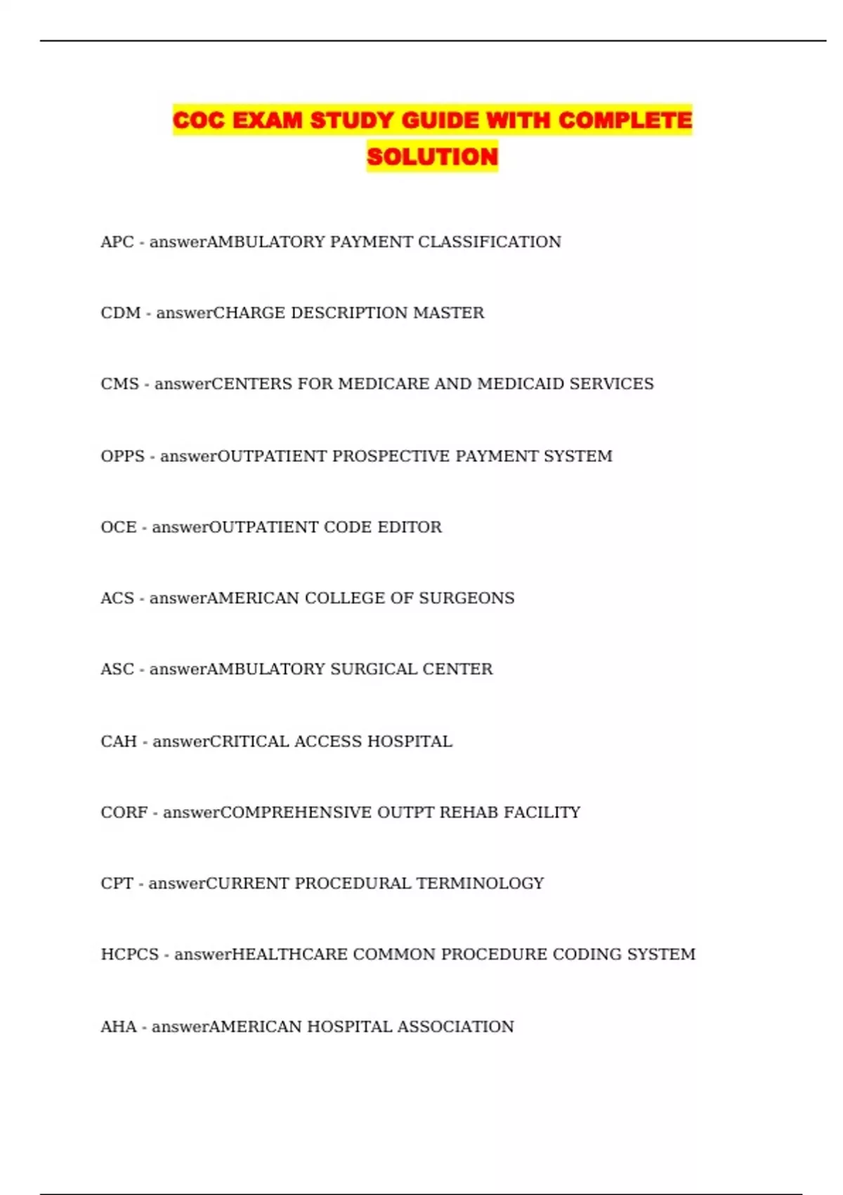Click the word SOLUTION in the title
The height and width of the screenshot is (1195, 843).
click(x=432, y=156)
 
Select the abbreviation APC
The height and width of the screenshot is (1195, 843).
click(x=117, y=242)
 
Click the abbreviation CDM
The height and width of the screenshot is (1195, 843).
click(x=120, y=313)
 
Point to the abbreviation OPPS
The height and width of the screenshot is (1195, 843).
click(x=122, y=456)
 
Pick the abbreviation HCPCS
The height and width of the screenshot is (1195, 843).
click(x=129, y=955)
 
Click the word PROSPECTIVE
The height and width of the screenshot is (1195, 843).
click(x=391, y=456)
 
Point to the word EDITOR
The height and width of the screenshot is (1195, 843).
click(x=410, y=527)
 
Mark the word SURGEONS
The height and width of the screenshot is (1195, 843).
click(x=466, y=598)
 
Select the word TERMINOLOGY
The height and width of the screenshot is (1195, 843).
click(x=480, y=884)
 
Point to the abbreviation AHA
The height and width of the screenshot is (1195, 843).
click(x=118, y=1027)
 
